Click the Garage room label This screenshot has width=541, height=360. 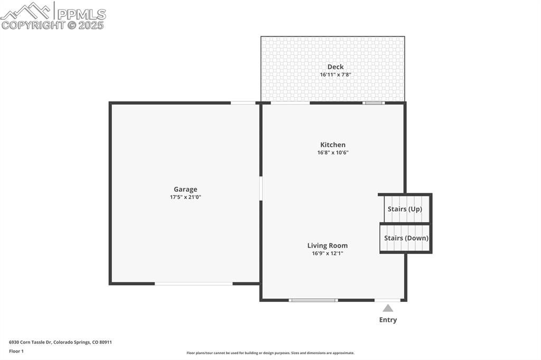coord(185,190)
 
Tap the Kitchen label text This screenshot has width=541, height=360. coord(333,145)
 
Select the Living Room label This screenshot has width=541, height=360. coord(328,245)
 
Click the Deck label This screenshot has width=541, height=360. coord(335,67)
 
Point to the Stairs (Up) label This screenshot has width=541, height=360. coord(405,209)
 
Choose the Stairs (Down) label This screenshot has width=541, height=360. coord(406,238)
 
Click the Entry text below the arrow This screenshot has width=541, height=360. coord(388,320)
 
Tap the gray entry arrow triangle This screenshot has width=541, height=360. coord(388,308)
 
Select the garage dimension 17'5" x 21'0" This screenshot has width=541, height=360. coord(185,197)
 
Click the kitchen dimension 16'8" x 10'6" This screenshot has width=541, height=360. coord(333,153)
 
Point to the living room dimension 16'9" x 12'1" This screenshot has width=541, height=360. coord(328,253)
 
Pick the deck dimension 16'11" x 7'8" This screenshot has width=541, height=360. coord(335,74)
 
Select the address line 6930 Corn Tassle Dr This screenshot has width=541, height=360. coord(60,342)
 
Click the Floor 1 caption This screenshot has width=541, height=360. coord(16,351)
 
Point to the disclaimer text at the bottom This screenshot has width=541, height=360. coord(270,353)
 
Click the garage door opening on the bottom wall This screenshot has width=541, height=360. coord(193,283)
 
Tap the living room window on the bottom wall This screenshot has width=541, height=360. coord(313,300)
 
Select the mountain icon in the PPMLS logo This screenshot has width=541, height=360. coord(26,11)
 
